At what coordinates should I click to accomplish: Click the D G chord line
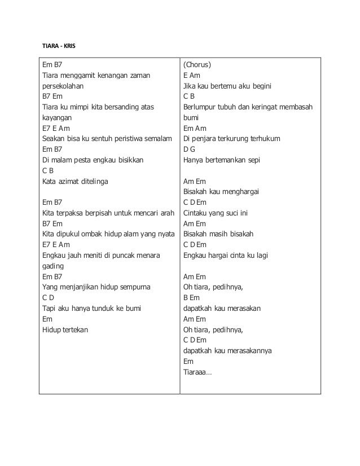189,150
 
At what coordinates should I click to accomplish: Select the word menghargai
240,192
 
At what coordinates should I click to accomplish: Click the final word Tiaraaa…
197,371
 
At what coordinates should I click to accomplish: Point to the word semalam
163,139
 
